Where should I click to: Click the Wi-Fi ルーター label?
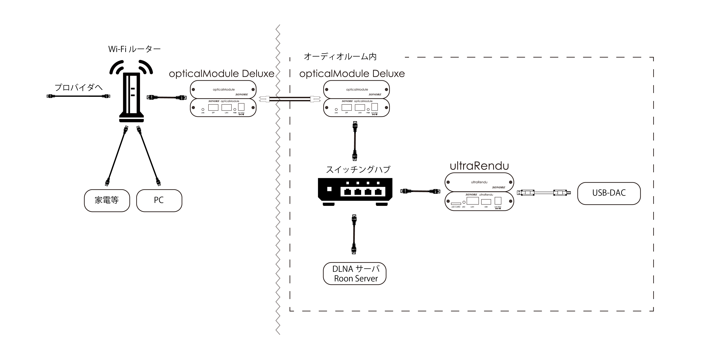[134, 49]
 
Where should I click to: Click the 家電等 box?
[107, 200]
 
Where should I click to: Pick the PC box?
[159, 200]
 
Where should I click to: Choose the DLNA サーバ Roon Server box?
[355, 274]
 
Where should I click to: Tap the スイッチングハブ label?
[358, 170]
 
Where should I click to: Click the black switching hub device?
[355, 191]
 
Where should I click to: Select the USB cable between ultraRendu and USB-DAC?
[544, 193]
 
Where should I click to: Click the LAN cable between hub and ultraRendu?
[420, 191]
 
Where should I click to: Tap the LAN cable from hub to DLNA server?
[354, 234]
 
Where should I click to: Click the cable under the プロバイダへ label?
[78, 96]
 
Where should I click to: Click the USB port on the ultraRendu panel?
[486, 202]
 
